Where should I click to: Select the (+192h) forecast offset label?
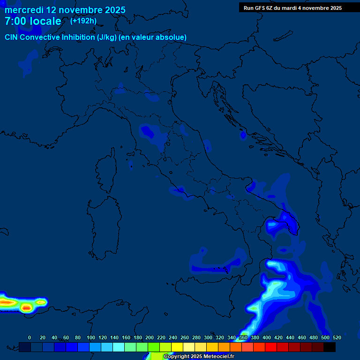[x=83, y=21]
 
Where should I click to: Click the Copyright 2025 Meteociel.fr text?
[x=199, y=357]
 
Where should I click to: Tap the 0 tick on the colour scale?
[x=30, y=337]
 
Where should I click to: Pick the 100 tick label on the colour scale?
[x=91, y=337]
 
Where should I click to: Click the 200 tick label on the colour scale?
[x=150, y=337]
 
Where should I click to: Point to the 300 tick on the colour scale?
[x=208, y=337]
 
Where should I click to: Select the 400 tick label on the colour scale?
[x=267, y=337]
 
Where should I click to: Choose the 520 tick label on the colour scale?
[x=337, y=337]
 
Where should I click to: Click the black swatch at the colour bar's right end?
[x=329, y=347]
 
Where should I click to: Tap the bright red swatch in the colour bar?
[x=270, y=347]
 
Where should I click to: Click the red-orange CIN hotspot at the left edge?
[x=7, y=303]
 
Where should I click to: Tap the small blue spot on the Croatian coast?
[x=243, y=135]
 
